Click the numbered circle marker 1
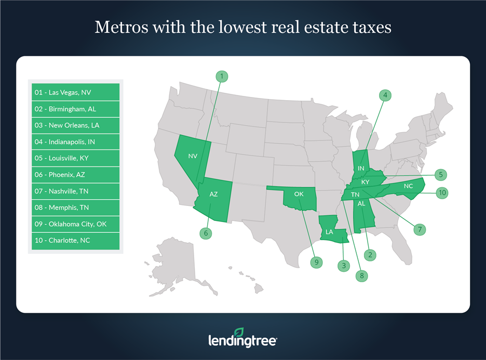[x=222, y=76]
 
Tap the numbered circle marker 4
[x=385, y=95]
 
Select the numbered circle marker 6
[x=206, y=233]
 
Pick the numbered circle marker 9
[x=316, y=262]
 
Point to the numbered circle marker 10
[x=442, y=193]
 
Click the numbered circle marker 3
[x=343, y=266]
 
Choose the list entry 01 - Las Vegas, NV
[x=76, y=92]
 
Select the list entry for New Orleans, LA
[x=76, y=125]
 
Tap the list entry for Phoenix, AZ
[x=76, y=175]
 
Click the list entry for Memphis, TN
[x=76, y=207]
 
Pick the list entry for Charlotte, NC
[x=76, y=241]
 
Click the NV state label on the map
[x=193, y=156]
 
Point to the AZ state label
[x=213, y=195]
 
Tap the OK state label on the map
[x=299, y=194]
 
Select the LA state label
[x=329, y=232]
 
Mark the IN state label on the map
[x=360, y=168]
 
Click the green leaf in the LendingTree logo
[x=239, y=333]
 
